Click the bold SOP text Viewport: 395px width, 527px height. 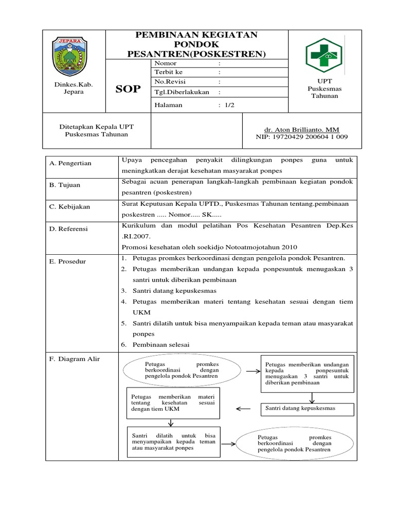coord(128,89)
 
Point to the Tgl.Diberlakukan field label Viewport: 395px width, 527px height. coord(178,92)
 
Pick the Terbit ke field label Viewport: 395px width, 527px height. coord(168,72)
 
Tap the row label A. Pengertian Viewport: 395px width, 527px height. coord(70,163)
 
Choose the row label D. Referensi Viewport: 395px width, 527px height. coord(68,228)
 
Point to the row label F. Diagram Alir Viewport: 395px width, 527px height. coord(72,359)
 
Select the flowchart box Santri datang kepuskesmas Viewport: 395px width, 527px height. coord(307,408)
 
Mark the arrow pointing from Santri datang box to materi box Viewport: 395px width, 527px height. coord(245,409)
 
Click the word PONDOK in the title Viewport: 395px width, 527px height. coord(196,44)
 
